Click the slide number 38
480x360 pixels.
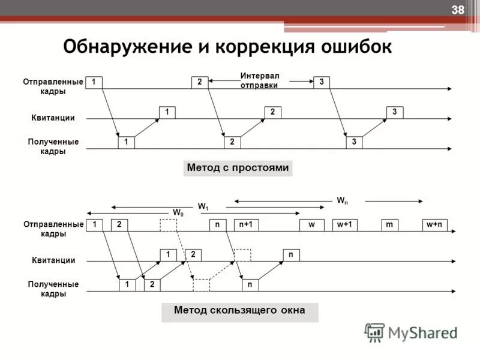click(458, 10)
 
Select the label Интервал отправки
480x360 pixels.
click(260, 80)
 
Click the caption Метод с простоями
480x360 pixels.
click(238, 168)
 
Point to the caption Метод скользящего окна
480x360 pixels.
click(239, 310)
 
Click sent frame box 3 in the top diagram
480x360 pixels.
click(322, 82)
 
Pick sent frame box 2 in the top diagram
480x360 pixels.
click(199, 82)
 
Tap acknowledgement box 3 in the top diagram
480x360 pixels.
click(395, 112)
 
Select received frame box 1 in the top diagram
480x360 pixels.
click(126, 142)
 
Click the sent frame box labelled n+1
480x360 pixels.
click(246, 224)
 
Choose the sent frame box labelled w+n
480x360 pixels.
click(434, 224)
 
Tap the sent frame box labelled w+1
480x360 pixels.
click(345, 224)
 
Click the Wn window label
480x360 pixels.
click(341, 200)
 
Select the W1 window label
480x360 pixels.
click(204, 206)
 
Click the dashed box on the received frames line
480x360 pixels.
click(202, 284)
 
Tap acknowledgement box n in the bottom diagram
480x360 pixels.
click(291, 254)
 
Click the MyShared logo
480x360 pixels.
click(411, 332)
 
